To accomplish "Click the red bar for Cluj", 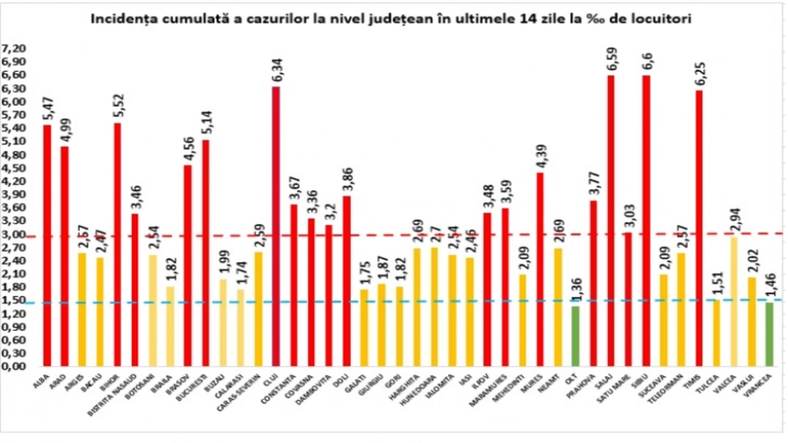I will [276, 226].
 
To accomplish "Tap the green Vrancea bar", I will [769, 334].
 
